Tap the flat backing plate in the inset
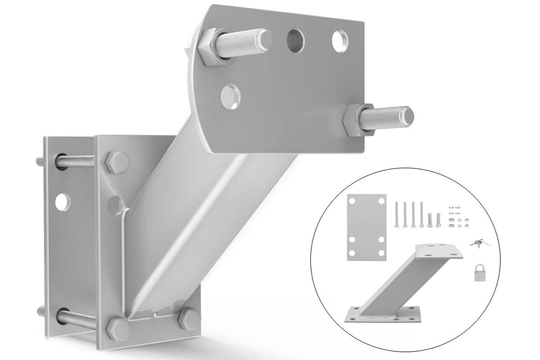click(367, 227)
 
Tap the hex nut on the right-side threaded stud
click(358, 119)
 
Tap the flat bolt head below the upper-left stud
click(230, 95)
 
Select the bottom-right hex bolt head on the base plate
click(188, 319)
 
